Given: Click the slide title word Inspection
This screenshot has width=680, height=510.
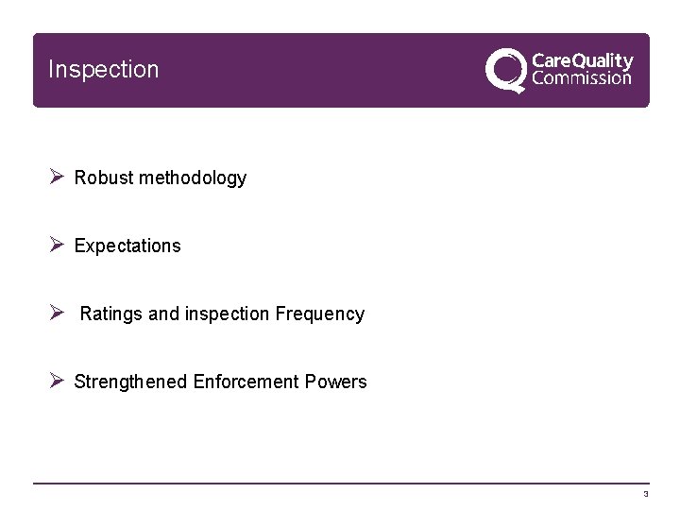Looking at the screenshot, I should (x=103, y=70).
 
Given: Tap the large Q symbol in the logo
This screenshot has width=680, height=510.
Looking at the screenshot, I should (x=506, y=70).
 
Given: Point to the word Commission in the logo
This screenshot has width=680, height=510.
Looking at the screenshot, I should (x=582, y=78).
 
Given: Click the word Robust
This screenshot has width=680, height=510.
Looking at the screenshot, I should (x=104, y=178).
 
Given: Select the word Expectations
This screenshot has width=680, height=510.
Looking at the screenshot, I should (x=127, y=246).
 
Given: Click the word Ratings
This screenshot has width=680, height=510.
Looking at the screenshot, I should (x=110, y=314).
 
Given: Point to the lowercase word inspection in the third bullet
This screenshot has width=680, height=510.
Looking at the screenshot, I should (x=225, y=314).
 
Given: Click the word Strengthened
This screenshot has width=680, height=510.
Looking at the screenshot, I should (x=130, y=382).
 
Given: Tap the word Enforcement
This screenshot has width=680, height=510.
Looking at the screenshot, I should (x=246, y=382).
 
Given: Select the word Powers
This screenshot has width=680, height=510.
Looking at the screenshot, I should (x=336, y=382).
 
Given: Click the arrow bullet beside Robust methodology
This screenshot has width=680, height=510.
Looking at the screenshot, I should (x=56, y=177).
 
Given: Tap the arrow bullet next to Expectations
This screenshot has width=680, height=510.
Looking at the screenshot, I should (x=56, y=245).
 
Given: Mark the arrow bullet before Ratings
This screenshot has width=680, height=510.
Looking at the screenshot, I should (x=56, y=313).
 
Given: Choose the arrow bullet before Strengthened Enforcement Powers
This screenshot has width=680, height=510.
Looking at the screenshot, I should (x=56, y=381).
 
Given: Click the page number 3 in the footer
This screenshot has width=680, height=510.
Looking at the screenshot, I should (x=646, y=494).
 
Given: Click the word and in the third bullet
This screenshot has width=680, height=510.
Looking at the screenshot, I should (x=162, y=314).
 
